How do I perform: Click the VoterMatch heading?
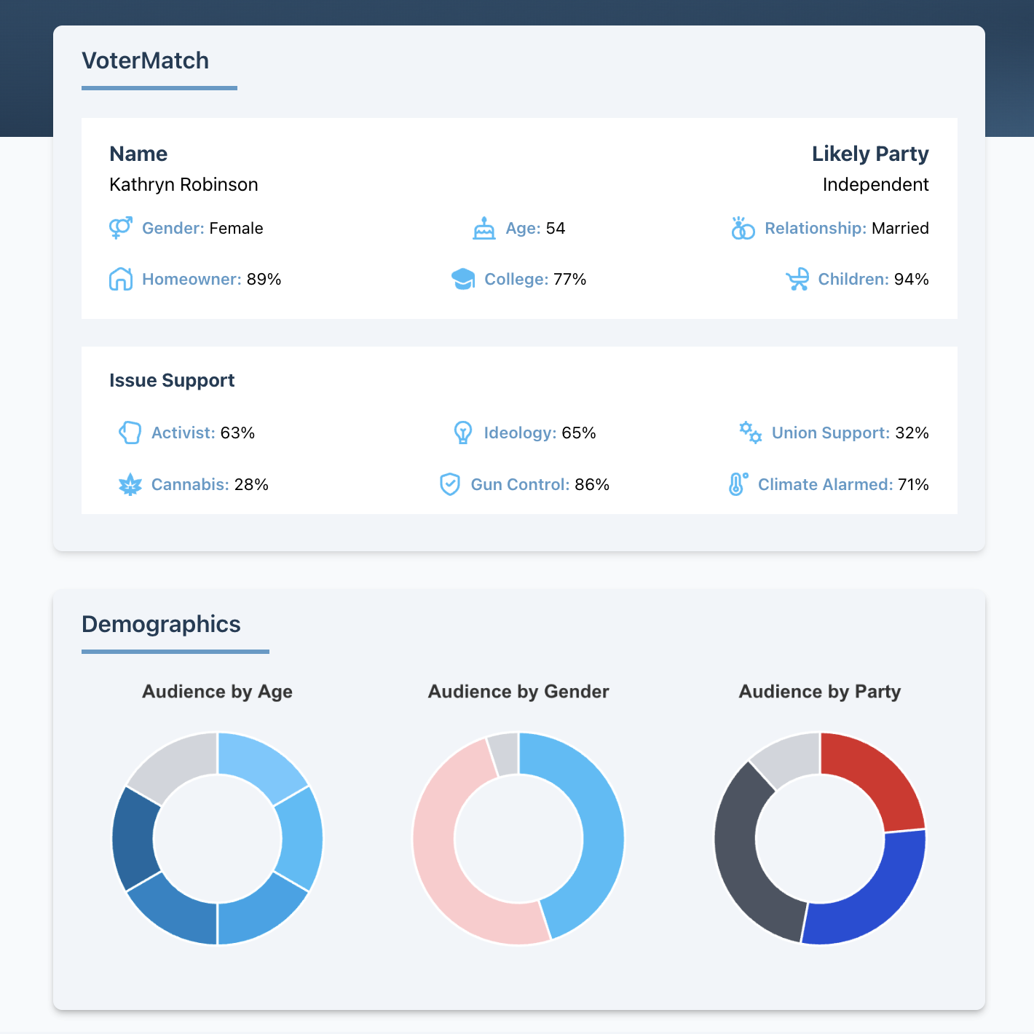tap(145, 60)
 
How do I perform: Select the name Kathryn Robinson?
tap(183, 184)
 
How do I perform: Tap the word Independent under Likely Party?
tap(875, 184)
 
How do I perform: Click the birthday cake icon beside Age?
tap(484, 229)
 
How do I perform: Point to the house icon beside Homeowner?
tap(121, 279)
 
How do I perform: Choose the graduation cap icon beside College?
tap(463, 279)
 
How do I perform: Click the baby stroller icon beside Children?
tap(797, 279)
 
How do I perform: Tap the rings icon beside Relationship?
tap(743, 229)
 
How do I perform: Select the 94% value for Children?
tap(911, 279)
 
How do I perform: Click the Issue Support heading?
tap(172, 380)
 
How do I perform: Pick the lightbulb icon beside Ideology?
tap(462, 433)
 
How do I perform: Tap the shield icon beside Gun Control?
tap(450, 484)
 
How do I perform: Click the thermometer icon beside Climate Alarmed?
tap(737, 484)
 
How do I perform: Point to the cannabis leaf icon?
tap(130, 484)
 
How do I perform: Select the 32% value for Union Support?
tap(912, 433)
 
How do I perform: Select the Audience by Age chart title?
tap(217, 691)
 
